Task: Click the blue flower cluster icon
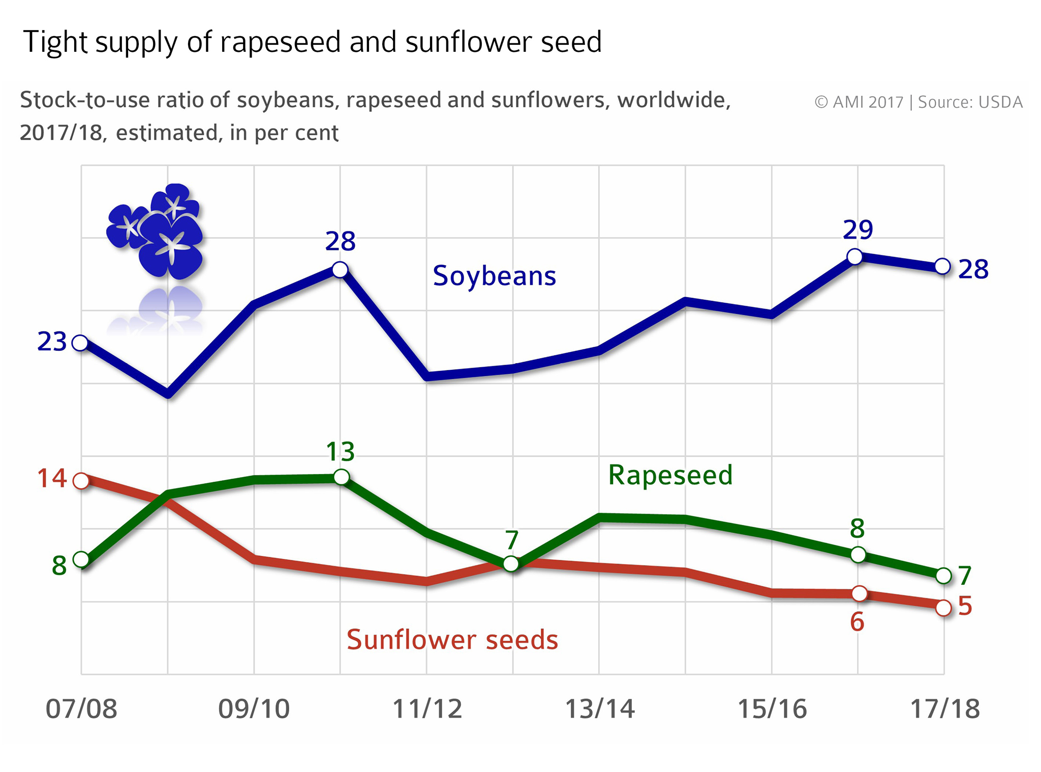tap(155, 231)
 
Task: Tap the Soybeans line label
tap(494, 276)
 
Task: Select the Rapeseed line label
tap(670, 475)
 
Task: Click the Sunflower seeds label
tap(452, 639)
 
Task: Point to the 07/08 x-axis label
tap(81, 709)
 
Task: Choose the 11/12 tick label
tap(427, 709)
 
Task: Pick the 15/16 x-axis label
tap(772, 709)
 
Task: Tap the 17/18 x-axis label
tap(944, 709)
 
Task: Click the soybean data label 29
tap(858, 230)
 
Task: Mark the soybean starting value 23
tap(52, 342)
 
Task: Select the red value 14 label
tap(52, 479)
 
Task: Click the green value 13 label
tap(340, 452)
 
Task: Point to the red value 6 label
tap(857, 622)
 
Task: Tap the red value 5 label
tap(965, 606)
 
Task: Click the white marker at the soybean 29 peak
tap(855, 257)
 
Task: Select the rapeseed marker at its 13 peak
tap(342, 477)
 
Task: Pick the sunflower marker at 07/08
tap(81, 481)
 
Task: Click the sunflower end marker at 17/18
tap(943, 608)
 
